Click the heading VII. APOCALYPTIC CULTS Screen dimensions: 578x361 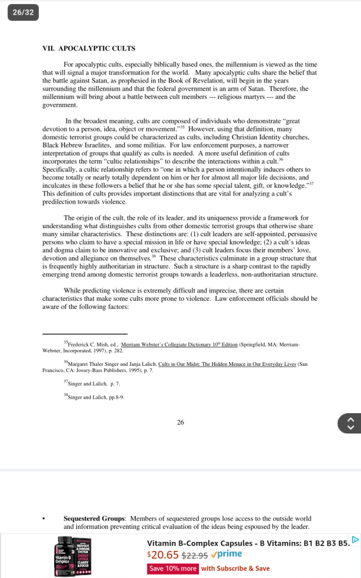[x=89, y=48]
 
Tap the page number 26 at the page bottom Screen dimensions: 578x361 [x=180, y=422]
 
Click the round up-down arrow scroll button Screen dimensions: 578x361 [x=349, y=423]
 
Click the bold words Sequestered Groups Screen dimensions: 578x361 [x=94, y=518]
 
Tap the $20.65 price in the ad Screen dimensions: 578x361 [x=163, y=554]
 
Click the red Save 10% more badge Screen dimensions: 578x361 [x=173, y=568]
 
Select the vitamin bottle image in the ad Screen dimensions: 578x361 [x=73, y=557]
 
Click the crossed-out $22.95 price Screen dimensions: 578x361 [x=193, y=555]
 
